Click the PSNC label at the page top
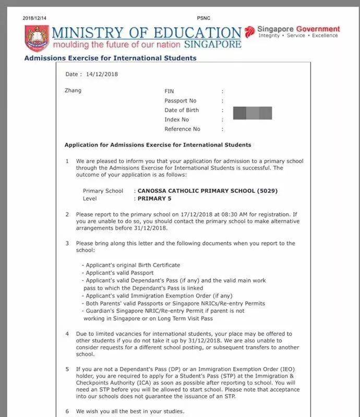point(203,18)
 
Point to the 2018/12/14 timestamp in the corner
point(34,18)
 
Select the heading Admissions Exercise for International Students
point(110,58)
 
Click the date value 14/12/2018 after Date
point(102,74)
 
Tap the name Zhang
point(73,91)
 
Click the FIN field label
point(169,91)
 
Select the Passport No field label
point(181,101)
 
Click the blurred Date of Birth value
point(252,112)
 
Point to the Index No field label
point(177,119)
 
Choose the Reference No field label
point(182,129)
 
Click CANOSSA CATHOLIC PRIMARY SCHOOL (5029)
point(208,191)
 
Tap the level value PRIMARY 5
point(154,199)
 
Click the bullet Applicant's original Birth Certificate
point(133,265)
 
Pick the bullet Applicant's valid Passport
point(118,273)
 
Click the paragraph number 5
point(67,369)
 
